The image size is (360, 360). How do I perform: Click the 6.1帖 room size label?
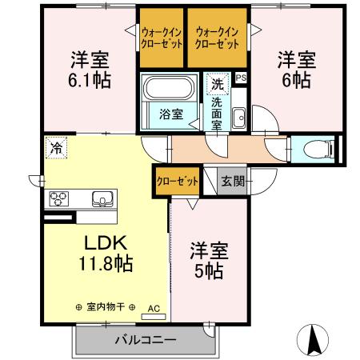(89, 80)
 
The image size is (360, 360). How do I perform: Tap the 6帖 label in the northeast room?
(297, 80)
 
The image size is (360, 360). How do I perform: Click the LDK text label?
(97, 242)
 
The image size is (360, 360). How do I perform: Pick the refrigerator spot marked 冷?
(56, 146)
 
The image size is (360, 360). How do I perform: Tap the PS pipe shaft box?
(242, 78)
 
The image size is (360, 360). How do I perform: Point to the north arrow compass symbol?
(316, 339)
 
